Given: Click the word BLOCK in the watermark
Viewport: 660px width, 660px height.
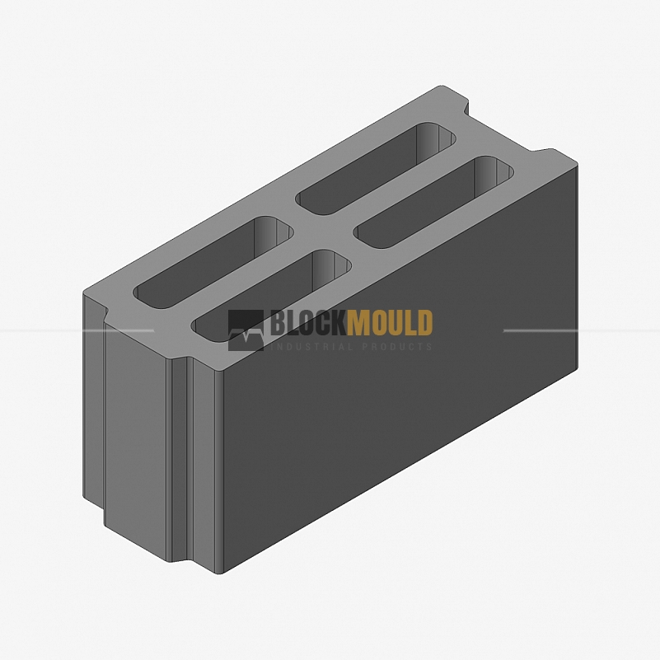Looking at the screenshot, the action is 308,322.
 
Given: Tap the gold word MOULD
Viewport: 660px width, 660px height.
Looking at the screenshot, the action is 390,322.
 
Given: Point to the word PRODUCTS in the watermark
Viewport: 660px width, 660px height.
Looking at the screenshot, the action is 397,347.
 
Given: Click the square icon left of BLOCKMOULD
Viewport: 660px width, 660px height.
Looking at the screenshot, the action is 246,330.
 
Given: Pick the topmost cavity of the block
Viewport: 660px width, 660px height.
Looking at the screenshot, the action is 376,168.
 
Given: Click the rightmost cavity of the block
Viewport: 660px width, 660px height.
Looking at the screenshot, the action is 433,202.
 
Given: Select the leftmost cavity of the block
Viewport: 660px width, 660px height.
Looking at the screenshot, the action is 213,262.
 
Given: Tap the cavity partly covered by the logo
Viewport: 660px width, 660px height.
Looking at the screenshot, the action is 271,296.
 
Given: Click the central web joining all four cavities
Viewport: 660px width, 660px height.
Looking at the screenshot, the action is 324,232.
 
